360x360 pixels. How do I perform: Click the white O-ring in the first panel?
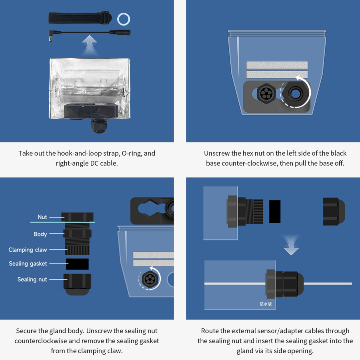pos(124,18)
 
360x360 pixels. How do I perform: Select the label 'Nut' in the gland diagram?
pos(42,217)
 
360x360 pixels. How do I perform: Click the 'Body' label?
pos(40,234)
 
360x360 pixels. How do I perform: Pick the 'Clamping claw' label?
pos(28,250)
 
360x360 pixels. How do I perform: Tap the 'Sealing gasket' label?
pos(28,264)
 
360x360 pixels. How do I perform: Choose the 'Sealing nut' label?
pos(32,279)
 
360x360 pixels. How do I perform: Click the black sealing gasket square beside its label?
pos(77,264)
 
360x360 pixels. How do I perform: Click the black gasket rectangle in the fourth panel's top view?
pos(274,211)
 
